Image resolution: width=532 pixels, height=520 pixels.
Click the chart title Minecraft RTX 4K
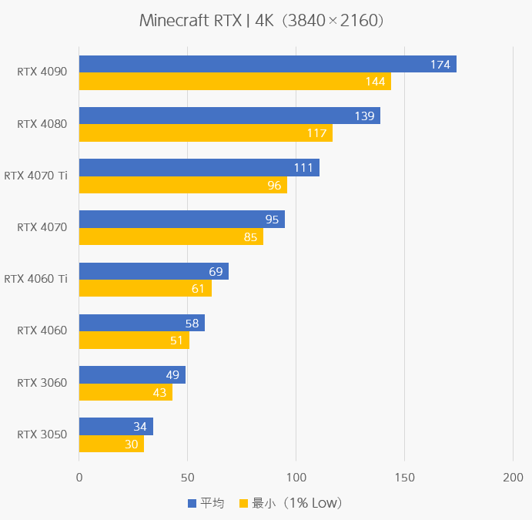262,21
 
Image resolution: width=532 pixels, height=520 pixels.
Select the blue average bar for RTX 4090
267,64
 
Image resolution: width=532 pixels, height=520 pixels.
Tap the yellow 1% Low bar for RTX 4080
206,133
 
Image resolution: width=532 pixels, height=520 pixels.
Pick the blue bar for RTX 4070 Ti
199,167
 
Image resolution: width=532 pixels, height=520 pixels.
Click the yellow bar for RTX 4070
171,237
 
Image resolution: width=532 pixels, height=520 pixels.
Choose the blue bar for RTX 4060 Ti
153,271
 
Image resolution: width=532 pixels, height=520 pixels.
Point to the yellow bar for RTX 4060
134,340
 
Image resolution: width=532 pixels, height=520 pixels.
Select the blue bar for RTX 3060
132,374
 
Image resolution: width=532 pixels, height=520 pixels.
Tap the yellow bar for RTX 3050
111,444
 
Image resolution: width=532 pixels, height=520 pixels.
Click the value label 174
440,65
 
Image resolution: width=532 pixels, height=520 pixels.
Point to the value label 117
316,133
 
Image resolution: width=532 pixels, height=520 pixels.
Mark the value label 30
131,445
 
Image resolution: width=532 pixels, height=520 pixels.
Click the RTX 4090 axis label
42,72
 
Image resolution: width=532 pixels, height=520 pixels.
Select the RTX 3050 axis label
42,434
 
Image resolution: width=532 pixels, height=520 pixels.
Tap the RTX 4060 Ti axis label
36,279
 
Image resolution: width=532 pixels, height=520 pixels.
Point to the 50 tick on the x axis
187,478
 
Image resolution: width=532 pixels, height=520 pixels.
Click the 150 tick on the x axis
404,478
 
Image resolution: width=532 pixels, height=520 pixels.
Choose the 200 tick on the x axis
513,478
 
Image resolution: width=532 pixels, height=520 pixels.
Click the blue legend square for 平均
192,503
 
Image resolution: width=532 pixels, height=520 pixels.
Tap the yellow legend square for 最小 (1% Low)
244,503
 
